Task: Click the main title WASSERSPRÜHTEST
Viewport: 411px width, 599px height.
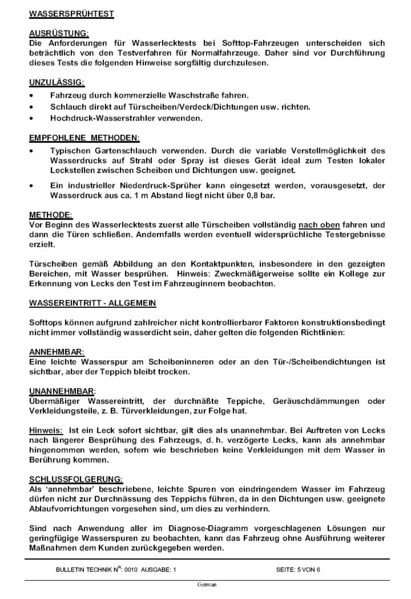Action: point(68,15)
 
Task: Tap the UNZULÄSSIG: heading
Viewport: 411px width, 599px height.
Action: point(56,78)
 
